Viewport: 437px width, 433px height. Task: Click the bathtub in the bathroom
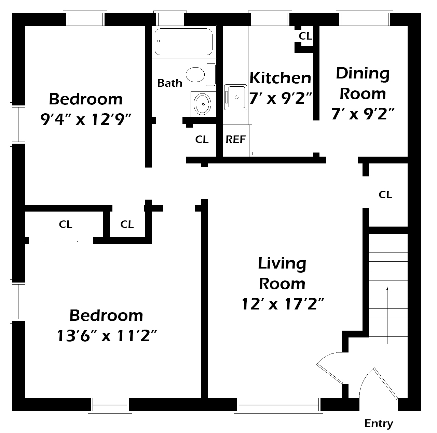click(x=183, y=42)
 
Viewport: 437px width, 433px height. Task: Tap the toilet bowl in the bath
click(x=195, y=74)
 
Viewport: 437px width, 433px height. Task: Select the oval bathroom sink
click(x=203, y=104)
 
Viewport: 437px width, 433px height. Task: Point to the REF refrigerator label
click(x=236, y=140)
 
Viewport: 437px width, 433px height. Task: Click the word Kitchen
click(x=280, y=78)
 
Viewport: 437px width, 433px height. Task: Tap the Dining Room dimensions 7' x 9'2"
click(x=363, y=114)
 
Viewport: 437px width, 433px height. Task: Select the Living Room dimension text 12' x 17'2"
click(x=283, y=304)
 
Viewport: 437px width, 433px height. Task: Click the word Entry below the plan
click(x=379, y=423)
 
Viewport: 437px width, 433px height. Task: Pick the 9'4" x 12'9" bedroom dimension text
click(x=86, y=119)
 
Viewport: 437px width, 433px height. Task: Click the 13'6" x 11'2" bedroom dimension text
click(x=107, y=336)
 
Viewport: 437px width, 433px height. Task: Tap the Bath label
click(x=170, y=83)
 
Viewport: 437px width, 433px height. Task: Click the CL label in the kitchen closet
click(x=305, y=36)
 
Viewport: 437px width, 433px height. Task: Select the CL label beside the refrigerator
click(x=202, y=140)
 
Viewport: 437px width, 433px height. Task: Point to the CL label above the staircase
click(x=385, y=194)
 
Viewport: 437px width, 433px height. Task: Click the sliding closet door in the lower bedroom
click(x=69, y=241)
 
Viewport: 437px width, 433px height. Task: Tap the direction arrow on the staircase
click(x=387, y=316)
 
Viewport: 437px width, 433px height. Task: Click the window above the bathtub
click(x=170, y=18)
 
